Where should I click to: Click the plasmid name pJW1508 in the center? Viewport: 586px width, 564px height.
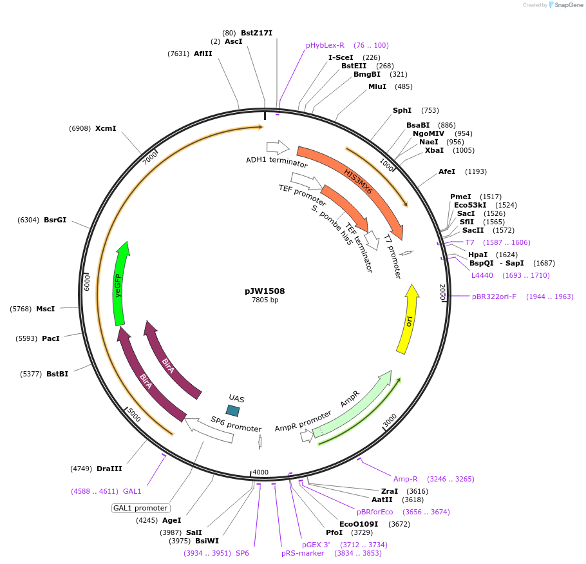tap(265, 291)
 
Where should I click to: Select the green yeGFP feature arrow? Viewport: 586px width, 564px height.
tap(119, 284)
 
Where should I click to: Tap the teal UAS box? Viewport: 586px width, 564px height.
tap(233, 410)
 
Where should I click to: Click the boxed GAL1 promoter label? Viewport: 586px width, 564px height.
tap(140, 508)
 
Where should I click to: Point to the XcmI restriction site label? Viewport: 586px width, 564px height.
tap(106, 128)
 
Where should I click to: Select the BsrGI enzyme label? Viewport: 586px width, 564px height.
tap(55, 220)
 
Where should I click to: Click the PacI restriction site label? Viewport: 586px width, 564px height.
tap(51, 338)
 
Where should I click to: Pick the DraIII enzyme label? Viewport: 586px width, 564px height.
tap(109, 469)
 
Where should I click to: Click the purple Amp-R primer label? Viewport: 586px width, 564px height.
tap(406, 479)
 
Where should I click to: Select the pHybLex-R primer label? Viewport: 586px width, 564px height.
tap(325, 45)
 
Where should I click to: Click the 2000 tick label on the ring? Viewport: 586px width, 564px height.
tap(442, 292)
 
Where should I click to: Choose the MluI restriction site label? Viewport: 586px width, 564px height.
tap(377, 86)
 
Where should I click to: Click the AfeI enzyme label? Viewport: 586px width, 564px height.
tap(447, 171)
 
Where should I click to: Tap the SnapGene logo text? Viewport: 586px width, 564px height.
tap(567, 5)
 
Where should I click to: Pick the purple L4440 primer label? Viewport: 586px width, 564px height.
tap(482, 275)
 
